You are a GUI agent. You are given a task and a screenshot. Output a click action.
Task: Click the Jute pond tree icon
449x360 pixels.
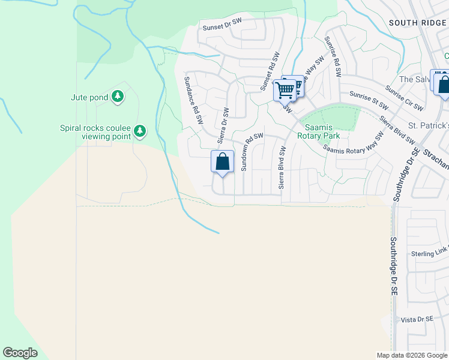pyautogui.click(x=118, y=96)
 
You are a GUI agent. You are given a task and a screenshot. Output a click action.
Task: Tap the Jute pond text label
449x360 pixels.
pyautogui.click(x=89, y=97)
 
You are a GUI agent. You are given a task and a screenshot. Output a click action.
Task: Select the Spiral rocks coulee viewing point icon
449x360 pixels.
pyautogui.click(x=140, y=131)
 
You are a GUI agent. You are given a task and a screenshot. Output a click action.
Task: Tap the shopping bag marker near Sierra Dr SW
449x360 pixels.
pyautogui.click(x=222, y=162)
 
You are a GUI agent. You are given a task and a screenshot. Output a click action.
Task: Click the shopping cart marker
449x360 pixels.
pyautogui.click(x=286, y=91)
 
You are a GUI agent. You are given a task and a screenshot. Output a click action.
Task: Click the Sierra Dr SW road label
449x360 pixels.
pyautogui.click(x=223, y=126)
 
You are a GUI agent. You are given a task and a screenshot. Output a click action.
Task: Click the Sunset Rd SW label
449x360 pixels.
pyautogui.click(x=270, y=71)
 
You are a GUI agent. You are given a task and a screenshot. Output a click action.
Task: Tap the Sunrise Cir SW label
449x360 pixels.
pyautogui.click(x=405, y=98)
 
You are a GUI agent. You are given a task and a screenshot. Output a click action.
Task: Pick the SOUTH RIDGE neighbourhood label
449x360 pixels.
pyautogui.click(x=418, y=22)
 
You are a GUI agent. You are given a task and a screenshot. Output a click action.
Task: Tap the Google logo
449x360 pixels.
pyautogui.click(x=20, y=353)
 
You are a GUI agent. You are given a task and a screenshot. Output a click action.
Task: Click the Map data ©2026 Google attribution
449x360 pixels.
pyautogui.click(x=412, y=355)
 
